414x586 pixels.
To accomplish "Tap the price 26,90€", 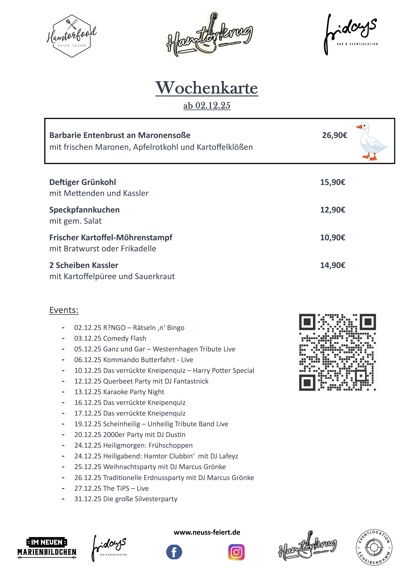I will [x=334, y=135].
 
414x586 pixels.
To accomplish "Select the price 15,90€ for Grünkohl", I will [x=333, y=182].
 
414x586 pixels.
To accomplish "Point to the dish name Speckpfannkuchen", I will [x=84, y=210].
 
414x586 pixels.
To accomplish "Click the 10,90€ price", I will [x=333, y=238].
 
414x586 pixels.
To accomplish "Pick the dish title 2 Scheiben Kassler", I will [x=84, y=265].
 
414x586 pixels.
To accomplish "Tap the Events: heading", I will [x=64, y=310].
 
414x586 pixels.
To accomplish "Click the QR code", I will [x=337, y=352].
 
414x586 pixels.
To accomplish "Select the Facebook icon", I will [x=174, y=552].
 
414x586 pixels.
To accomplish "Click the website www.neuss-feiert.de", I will [x=207, y=532].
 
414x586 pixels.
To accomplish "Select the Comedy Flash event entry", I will [x=110, y=338].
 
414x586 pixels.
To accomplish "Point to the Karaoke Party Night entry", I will [x=119, y=392].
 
